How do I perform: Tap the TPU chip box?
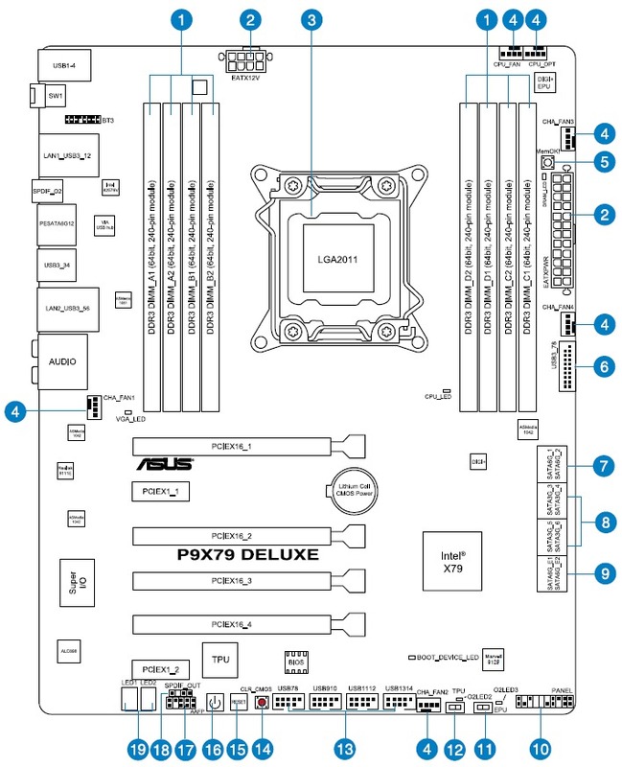[221, 660]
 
